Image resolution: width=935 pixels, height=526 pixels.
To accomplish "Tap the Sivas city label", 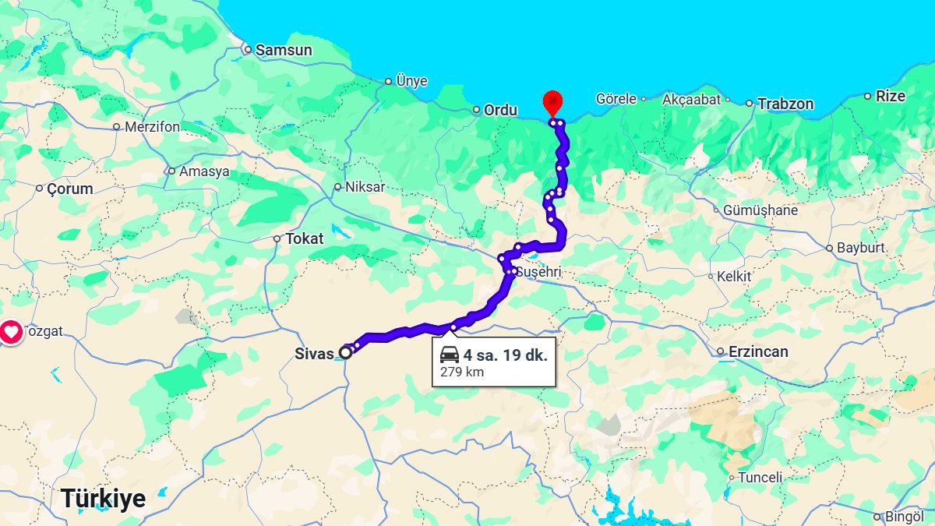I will [314, 352].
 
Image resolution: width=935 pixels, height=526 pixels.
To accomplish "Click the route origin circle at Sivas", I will [345, 353].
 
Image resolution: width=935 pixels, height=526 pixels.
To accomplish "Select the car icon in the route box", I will [450, 355].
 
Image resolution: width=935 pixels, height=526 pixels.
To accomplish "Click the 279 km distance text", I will [462, 372].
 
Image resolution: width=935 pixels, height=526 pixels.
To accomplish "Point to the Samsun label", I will [284, 50].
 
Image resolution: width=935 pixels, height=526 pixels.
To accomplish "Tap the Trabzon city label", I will [785, 104].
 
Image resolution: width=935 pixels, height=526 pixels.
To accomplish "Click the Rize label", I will [891, 96].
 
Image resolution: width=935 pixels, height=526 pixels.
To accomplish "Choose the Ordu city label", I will [500, 110].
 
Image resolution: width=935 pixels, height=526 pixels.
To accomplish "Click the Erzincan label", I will [758, 351].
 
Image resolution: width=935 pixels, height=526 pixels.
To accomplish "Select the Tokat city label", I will [304, 238].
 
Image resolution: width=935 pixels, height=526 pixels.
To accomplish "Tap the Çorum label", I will [69, 189].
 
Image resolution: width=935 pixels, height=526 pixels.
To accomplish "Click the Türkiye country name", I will [103, 498].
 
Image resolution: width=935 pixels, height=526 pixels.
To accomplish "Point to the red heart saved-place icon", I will [11, 333].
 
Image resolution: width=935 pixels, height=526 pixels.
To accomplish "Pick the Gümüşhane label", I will [760, 210].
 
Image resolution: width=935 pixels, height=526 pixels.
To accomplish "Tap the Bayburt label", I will [861, 249].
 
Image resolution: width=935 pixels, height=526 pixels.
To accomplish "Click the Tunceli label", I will [760, 477].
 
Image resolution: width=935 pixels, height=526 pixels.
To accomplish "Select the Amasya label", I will [204, 171].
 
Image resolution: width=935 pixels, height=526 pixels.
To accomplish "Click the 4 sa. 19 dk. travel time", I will [505, 355].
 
